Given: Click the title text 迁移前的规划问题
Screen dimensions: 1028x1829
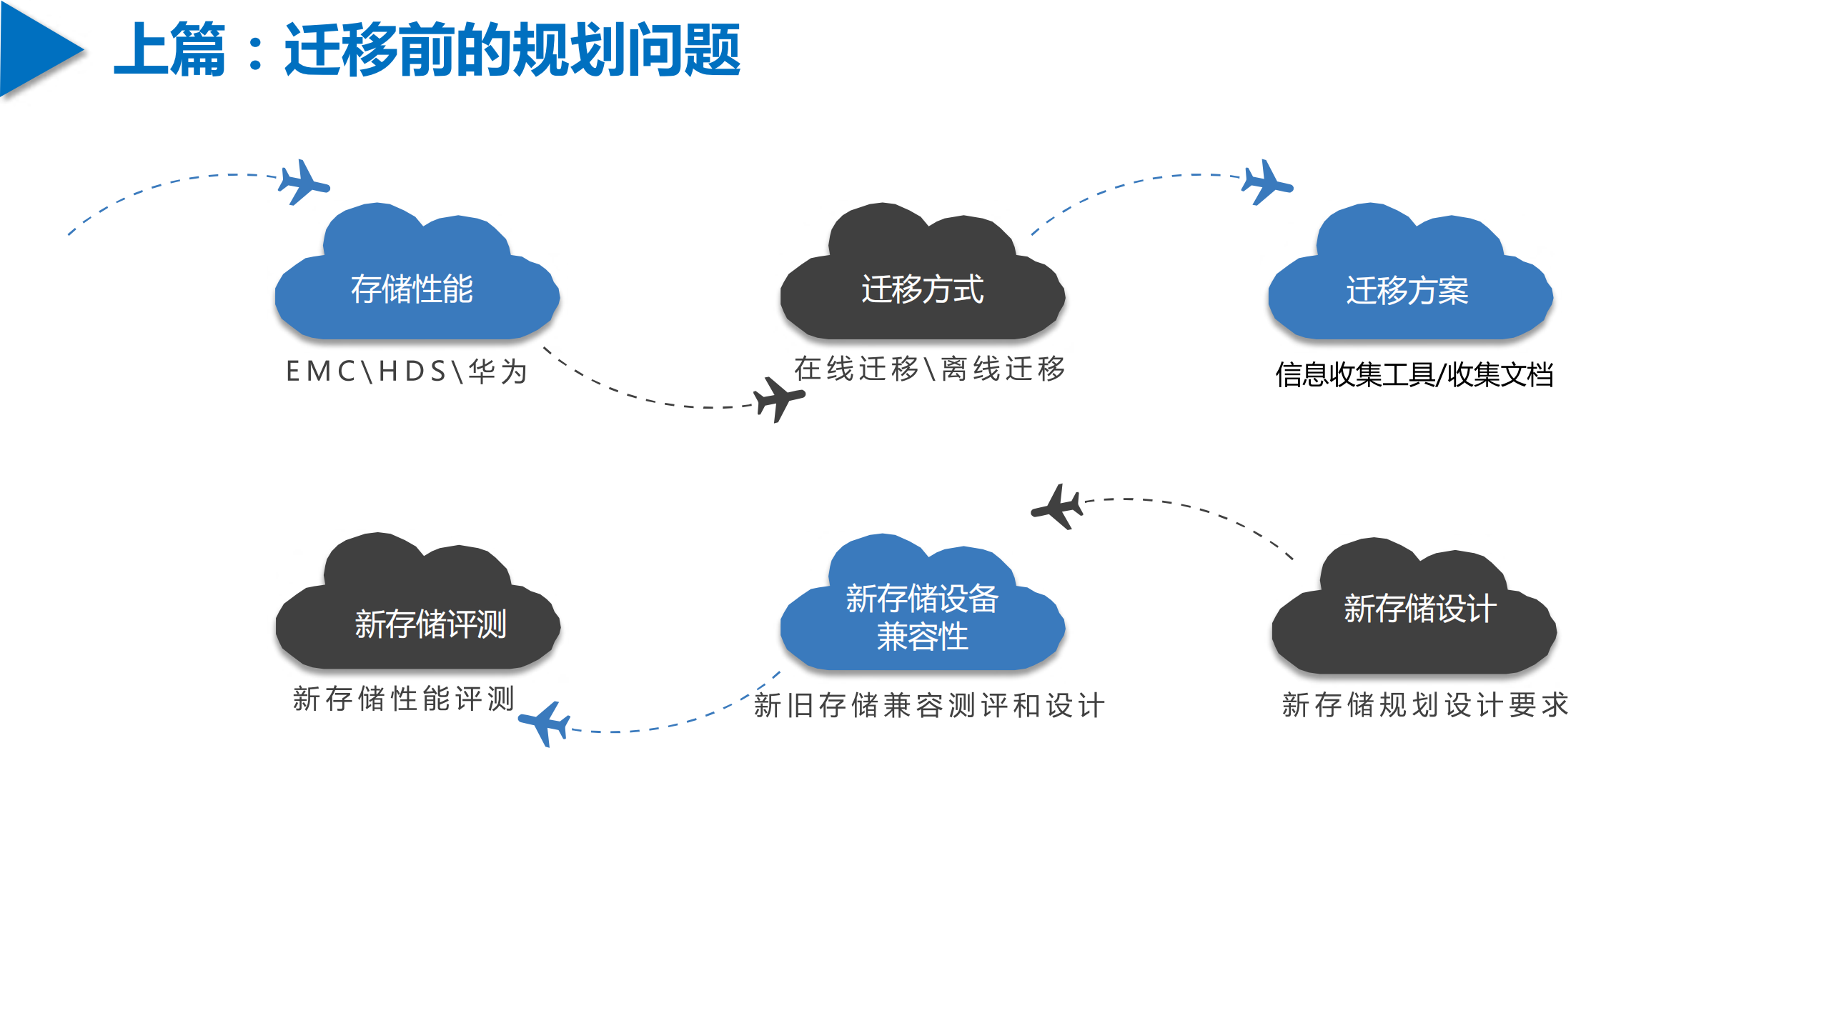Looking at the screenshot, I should coord(512,50).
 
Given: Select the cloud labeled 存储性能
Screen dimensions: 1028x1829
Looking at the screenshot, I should coord(416,286).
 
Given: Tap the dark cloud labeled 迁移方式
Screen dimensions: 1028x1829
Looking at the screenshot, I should coord(922,286).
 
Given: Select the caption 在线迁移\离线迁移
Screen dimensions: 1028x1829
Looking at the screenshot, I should coord(929,369).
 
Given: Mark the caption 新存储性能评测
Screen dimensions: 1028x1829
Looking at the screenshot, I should coord(403,699).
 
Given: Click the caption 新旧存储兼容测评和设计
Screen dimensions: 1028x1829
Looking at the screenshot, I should coord(929,706).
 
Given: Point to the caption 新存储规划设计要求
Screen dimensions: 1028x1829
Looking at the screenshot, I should coord(1424,705).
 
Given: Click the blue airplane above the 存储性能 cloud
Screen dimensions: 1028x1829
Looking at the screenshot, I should coord(303,183).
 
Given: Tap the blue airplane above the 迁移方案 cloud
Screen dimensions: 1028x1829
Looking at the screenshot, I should coord(1267,183).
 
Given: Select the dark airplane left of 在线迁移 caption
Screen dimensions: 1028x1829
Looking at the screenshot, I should coord(778,399).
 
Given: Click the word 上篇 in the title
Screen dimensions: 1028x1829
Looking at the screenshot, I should coord(170,50).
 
